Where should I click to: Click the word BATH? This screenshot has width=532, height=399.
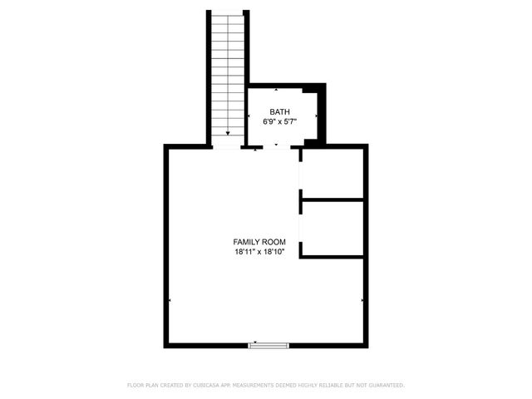pos(279,111)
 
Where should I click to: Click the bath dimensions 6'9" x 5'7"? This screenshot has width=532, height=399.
pos(279,121)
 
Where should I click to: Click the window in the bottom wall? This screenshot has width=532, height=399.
pos(269,344)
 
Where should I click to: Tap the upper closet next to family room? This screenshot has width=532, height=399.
pos(332,173)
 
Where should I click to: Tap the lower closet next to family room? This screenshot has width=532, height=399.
pos(332,228)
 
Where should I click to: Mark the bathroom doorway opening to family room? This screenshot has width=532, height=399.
pos(276,147)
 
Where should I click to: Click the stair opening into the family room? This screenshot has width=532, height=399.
pos(227,147)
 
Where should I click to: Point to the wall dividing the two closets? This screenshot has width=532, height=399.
pos(332,199)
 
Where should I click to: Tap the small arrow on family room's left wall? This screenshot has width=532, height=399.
pos(170,299)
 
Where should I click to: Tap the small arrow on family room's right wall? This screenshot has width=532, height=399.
pos(362,299)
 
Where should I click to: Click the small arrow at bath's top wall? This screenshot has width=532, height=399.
pos(277,88)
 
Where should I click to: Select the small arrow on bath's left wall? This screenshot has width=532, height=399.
pos(250,116)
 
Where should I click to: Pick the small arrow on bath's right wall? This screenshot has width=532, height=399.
pos(316,116)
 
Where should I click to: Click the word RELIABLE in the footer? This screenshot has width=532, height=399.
pos(332,386)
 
